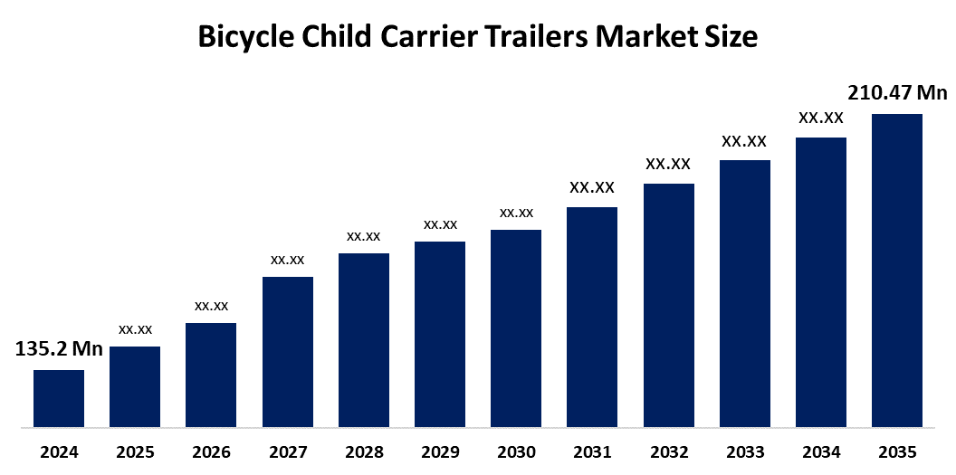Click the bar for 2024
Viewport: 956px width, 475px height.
tap(59, 398)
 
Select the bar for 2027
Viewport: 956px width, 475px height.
tap(288, 351)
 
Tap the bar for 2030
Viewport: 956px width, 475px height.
tap(516, 328)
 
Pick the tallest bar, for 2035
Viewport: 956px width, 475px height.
tap(896, 270)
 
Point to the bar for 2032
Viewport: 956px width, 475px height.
tap(668, 305)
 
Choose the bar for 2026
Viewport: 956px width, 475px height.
tap(211, 375)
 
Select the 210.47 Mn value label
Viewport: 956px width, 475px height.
tap(896, 92)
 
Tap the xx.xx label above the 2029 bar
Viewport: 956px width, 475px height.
tap(440, 224)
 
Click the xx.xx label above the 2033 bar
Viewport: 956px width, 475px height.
tap(744, 141)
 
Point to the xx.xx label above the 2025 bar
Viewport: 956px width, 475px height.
tap(135, 328)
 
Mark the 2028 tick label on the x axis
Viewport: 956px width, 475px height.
tap(364, 451)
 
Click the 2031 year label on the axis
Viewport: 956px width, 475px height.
tap(592, 451)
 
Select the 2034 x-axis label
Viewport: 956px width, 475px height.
tap(820, 451)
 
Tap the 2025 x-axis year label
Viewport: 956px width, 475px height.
tap(135, 451)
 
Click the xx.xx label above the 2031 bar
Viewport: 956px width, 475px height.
tap(592, 188)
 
